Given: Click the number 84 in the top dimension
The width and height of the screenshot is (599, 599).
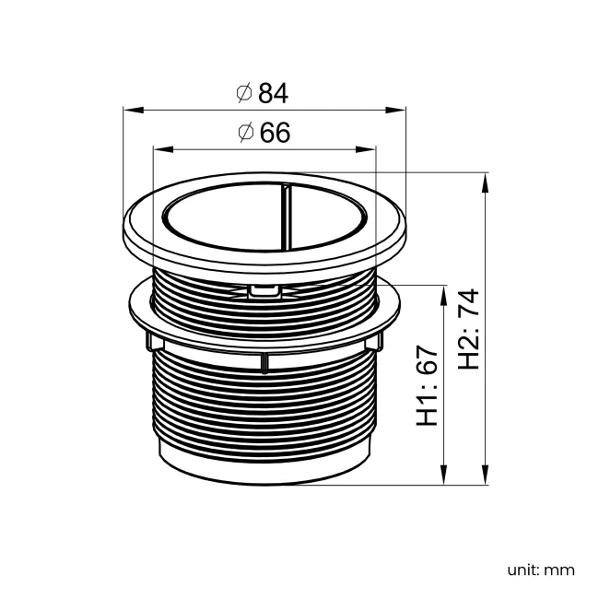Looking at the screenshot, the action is (273, 93).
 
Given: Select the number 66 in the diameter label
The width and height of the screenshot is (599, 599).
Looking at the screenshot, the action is (275, 133).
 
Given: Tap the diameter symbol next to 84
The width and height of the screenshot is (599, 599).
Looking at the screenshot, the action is (244, 93).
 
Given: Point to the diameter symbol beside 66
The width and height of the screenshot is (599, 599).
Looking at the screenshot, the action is (246, 133).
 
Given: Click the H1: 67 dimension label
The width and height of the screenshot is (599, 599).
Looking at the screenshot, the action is (427, 386).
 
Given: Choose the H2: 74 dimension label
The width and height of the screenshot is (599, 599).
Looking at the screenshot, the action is (468, 329).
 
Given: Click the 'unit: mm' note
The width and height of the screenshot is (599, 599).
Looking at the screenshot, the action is (541, 570).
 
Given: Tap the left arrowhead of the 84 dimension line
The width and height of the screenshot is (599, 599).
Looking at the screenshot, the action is (134, 110).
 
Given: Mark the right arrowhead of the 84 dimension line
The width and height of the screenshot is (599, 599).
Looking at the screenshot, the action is (395, 110).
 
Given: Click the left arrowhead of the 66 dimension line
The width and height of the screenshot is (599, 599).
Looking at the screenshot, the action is (163, 149).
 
